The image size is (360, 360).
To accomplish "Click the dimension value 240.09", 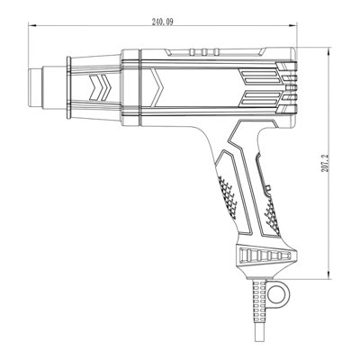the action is [x=162, y=22].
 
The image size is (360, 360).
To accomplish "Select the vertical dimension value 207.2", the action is [x=325, y=163].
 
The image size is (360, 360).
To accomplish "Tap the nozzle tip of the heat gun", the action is [x=35, y=87].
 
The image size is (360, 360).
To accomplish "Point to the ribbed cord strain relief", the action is [x=259, y=297].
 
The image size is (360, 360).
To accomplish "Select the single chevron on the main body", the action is [x=157, y=87].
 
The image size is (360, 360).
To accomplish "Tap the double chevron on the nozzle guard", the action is [x=100, y=87].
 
